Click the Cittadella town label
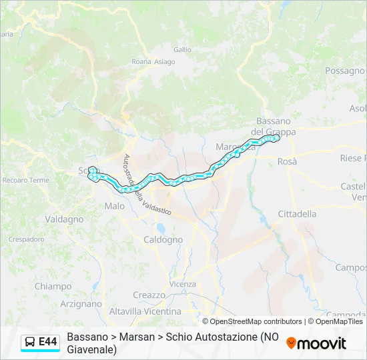pyautogui.click(x=297, y=214)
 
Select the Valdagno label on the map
pyautogui.click(x=64, y=219)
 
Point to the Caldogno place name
pyautogui.click(x=163, y=239)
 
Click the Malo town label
pyautogui.click(x=115, y=206)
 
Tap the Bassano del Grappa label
pyautogui.click(x=274, y=126)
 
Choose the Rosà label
pyautogui.click(x=287, y=161)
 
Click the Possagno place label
pyautogui.click(x=345, y=70)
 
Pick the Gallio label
pyautogui.click(x=182, y=49)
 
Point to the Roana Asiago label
pyautogui.click(x=153, y=62)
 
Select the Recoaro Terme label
pyautogui.click(x=26, y=180)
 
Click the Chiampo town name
pyautogui.click(x=53, y=286)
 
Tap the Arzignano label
pyautogui.click(x=81, y=303)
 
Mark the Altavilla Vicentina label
pyautogui.click(x=145, y=311)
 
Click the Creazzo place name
pyautogui.click(x=149, y=295)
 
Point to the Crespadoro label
pyautogui.click(x=26, y=239)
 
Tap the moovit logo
pyautogui.click(x=316, y=343)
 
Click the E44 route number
pyautogui.click(x=48, y=342)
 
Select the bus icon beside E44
pyautogui.click(x=30, y=342)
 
